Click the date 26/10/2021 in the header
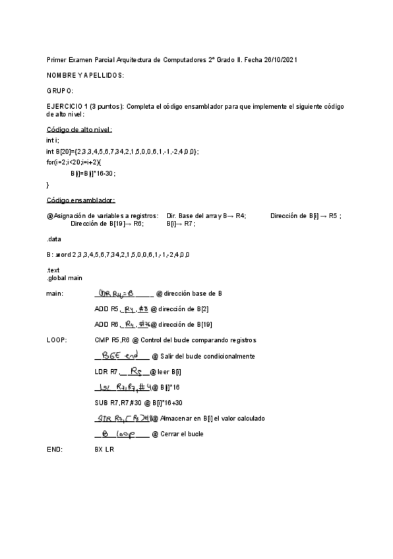pyautogui.click(x=280, y=59)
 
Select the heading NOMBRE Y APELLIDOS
pyautogui.click(x=85, y=75)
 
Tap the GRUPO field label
pyautogui.click(x=60, y=90)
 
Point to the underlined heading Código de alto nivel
pyautogui.click(x=79, y=130)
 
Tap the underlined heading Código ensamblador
pyautogui.click(x=81, y=200)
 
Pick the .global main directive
pyautogui.click(x=65, y=278)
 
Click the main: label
pyautogui.click(x=55, y=293)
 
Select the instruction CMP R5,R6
pyautogui.click(x=115, y=340)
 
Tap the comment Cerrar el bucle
pyautogui.click(x=177, y=434)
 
